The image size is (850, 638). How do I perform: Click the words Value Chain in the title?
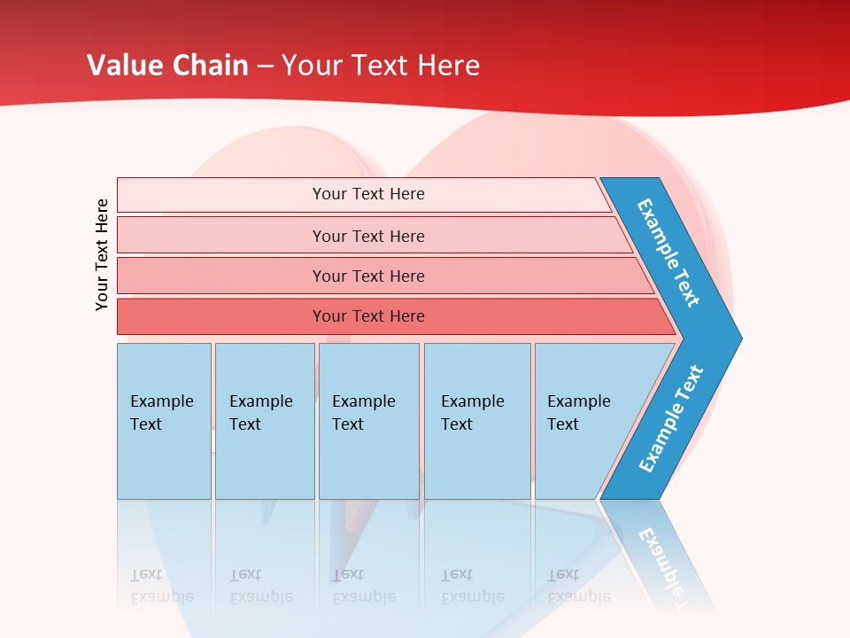point(167,66)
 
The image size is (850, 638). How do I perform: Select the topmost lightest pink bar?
point(221,195)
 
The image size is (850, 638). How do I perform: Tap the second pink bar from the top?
point(221,236)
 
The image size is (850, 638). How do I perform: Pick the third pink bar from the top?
point(221,276)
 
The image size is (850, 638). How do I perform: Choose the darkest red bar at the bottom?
point(221,316)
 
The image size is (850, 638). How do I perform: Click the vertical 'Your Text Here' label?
point(102,255)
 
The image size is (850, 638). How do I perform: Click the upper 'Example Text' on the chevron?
point(668,253)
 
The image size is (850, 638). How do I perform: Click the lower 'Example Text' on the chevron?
point(671,419)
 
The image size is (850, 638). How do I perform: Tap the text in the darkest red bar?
point(368,316)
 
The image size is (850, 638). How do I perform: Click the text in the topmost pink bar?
point(368,194)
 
